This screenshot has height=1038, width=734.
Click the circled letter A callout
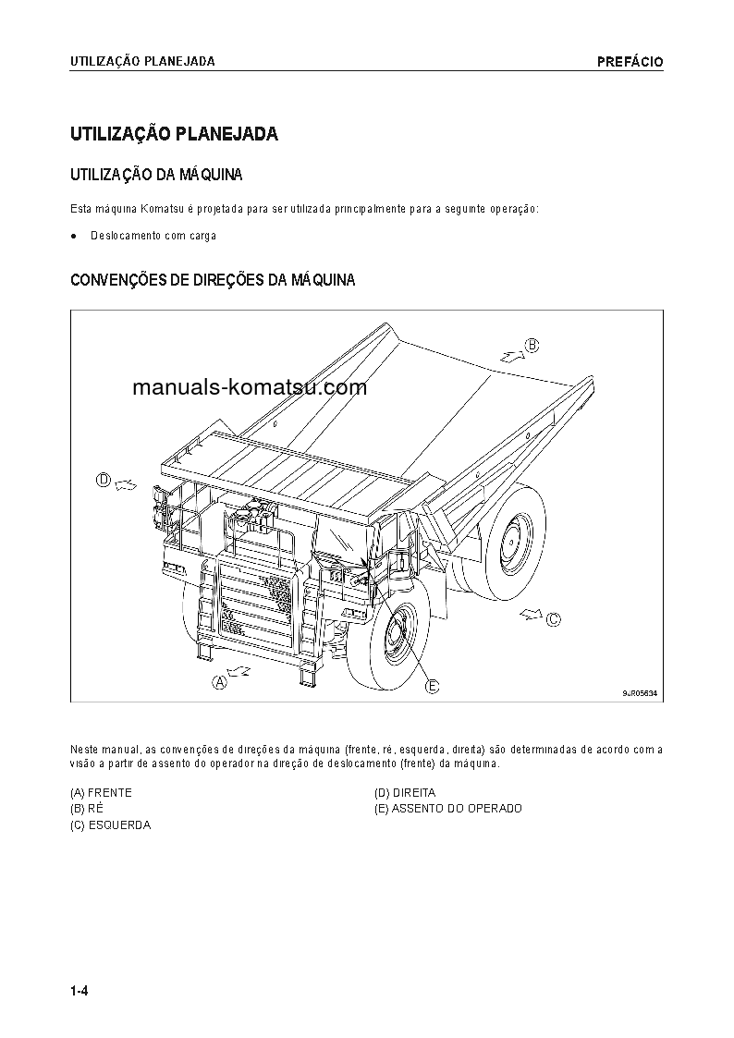point(220,683)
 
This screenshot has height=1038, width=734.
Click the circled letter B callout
point(532,346)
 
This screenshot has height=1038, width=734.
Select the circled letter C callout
point(553,619)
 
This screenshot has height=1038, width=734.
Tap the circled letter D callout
point(104,480)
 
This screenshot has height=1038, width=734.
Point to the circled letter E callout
point(432,686)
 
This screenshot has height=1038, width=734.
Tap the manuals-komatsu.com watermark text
point(250,387)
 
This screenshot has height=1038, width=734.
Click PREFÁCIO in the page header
point(630,62)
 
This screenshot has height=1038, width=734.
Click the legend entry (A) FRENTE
point(101,793)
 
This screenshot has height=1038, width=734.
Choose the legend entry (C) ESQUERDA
point(110,825)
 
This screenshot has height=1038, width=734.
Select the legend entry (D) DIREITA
point(404,793)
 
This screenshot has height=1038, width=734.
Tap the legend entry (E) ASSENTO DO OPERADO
point(447,809)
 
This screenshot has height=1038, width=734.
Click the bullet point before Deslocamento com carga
point(74,236)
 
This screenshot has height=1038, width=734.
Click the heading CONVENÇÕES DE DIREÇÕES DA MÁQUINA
point(213,280)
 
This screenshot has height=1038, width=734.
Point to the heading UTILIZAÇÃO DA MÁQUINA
point(156,174)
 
